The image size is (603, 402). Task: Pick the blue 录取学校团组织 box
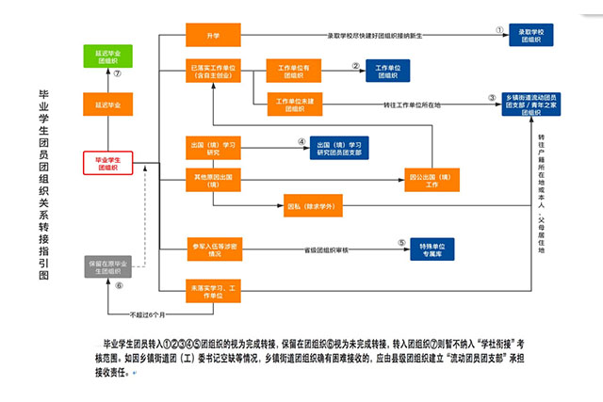coord(534,37)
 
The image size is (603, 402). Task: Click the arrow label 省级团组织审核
coord(326,250)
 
